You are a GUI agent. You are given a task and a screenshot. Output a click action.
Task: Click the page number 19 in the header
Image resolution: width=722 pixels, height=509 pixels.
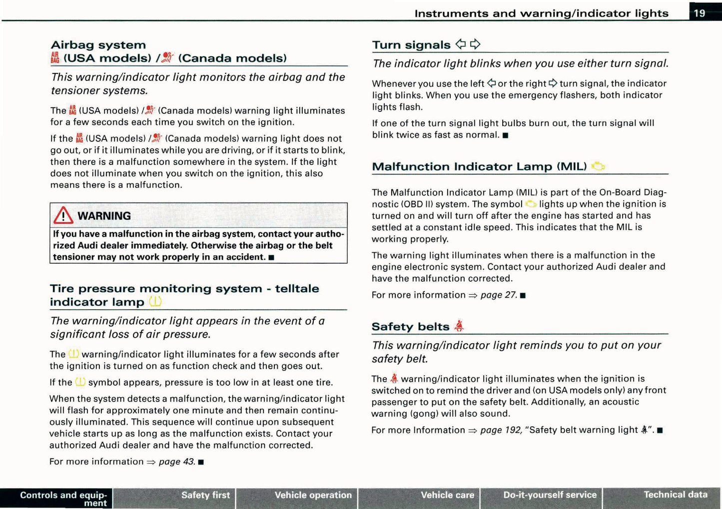[x=700, y=13]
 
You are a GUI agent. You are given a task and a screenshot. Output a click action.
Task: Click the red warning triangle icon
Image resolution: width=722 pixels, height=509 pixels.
[x=63, y=216]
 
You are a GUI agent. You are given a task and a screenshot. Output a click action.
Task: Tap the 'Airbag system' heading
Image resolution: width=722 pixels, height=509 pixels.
[x=98, y=45]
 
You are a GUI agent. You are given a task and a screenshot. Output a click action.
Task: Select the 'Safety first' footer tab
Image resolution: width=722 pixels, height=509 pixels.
[x=205, y=495]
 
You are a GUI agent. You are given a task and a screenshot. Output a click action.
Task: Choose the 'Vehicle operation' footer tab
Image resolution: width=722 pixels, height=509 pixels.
[x=313, y=495]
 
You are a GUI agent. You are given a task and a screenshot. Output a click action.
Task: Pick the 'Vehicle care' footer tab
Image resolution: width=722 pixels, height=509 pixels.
[x=447, y=495]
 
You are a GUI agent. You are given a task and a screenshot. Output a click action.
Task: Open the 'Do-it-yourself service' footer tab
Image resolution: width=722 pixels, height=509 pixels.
[x=550, y=495]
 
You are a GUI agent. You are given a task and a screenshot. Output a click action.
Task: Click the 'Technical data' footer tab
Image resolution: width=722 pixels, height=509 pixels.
[x=675, y=495]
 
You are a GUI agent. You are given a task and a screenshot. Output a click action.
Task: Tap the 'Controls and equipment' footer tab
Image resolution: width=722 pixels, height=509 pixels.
[x=63, y=499]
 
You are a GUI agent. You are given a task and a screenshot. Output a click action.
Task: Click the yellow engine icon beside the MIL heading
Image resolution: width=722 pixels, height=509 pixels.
[x=598, y=166]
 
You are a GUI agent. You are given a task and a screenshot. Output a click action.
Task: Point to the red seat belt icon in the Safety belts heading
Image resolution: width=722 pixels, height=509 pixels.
[x=459, y=326]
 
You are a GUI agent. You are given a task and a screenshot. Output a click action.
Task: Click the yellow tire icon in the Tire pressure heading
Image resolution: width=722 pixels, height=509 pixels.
[x=155, y=302]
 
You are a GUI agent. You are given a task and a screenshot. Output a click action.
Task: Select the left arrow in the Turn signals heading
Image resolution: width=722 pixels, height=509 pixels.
[x=461, y=44]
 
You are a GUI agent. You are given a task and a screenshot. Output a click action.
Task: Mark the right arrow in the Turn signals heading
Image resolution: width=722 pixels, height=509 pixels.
[x=475, y=44]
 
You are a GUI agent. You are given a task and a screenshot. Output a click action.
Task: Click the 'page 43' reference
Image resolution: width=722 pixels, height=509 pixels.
[x=176, y=462]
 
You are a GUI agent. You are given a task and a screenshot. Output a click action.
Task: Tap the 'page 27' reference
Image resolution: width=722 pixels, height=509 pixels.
[x=498, y=295]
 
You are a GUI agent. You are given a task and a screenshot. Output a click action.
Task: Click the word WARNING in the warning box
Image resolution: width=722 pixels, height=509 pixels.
[x=104, y=216]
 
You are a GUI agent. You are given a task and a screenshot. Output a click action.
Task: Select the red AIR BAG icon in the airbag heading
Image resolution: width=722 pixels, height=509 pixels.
[x=55, y=58]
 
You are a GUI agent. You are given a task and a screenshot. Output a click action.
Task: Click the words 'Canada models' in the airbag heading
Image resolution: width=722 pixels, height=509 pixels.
[x=232, y=58]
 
